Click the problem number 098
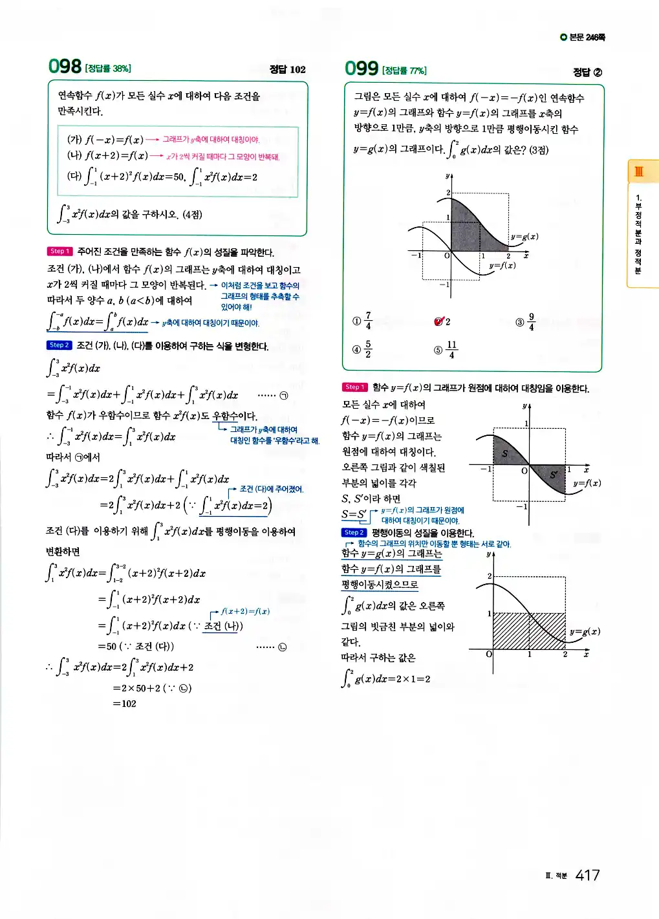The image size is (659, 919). click(x=65, y=66)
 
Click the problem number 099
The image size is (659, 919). click(x=362, y=68)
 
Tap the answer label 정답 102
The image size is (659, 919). click(x=287, y=69)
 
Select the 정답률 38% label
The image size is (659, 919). click(x=108, y=69)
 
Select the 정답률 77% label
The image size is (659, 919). click(x=404, y=70)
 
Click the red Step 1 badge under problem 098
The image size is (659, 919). click(x=59, y=251)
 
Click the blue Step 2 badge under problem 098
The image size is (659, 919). click(x=58, y=345)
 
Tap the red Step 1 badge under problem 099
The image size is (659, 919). click(x=354, y=387)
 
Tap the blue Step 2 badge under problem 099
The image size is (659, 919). click(x=354, y=532)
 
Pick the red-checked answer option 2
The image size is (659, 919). click(x=442, y=321)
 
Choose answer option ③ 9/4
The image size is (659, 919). click(x=525, y=321)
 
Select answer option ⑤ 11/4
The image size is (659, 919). click(x=446, y=349)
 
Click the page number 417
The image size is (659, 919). click(x=587, y=875)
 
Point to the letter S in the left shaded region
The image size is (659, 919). click(x=504, y=453)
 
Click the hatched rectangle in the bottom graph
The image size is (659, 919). click(x=529, y=631)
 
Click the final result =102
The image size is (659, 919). click(x=125, y=704)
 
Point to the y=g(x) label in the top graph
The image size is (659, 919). click(x=524, y=237)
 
